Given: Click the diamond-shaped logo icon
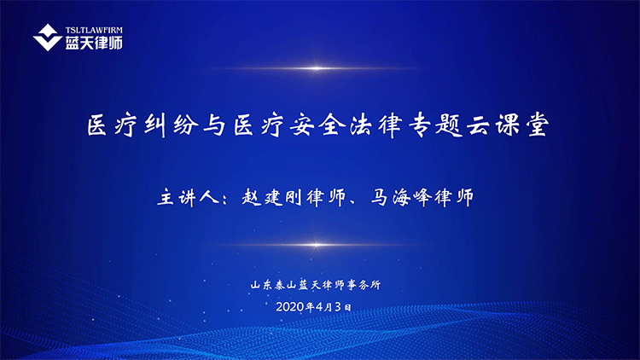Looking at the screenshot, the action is [x=47, y=38].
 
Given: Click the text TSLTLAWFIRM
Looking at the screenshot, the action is [x=94, y=30].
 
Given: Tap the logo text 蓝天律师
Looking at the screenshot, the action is [x=94, y=43].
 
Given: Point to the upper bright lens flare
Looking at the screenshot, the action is [x=316, y=68].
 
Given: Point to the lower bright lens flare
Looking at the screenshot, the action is [x=316, y=245].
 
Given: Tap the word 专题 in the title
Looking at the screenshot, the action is [x=433, y=125].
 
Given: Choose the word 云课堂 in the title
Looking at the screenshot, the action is [x=508, y=125].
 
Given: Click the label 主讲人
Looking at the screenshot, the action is [x=189, y=198].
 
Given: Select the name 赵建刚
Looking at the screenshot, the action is [x=271, y=198].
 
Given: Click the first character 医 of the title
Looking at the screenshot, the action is [x=97, y=125].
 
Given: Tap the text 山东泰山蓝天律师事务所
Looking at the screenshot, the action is [x=316, y=284].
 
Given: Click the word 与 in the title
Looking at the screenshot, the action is [x=215, y=125].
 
